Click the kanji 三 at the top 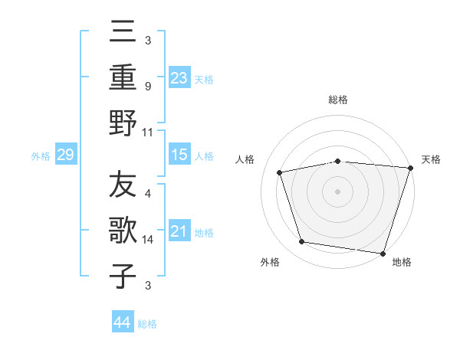123,32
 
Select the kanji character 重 123,77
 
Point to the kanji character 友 123,185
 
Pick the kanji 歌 123,231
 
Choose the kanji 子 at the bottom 123,276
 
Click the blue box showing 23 179,77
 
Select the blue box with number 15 179,155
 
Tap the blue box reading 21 179,231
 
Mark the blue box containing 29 65,155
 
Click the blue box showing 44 122,322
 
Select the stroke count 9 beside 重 147,87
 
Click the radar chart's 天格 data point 410,168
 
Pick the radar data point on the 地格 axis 382,253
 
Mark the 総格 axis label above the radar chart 337,100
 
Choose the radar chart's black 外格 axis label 270,263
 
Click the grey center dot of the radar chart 337,191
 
